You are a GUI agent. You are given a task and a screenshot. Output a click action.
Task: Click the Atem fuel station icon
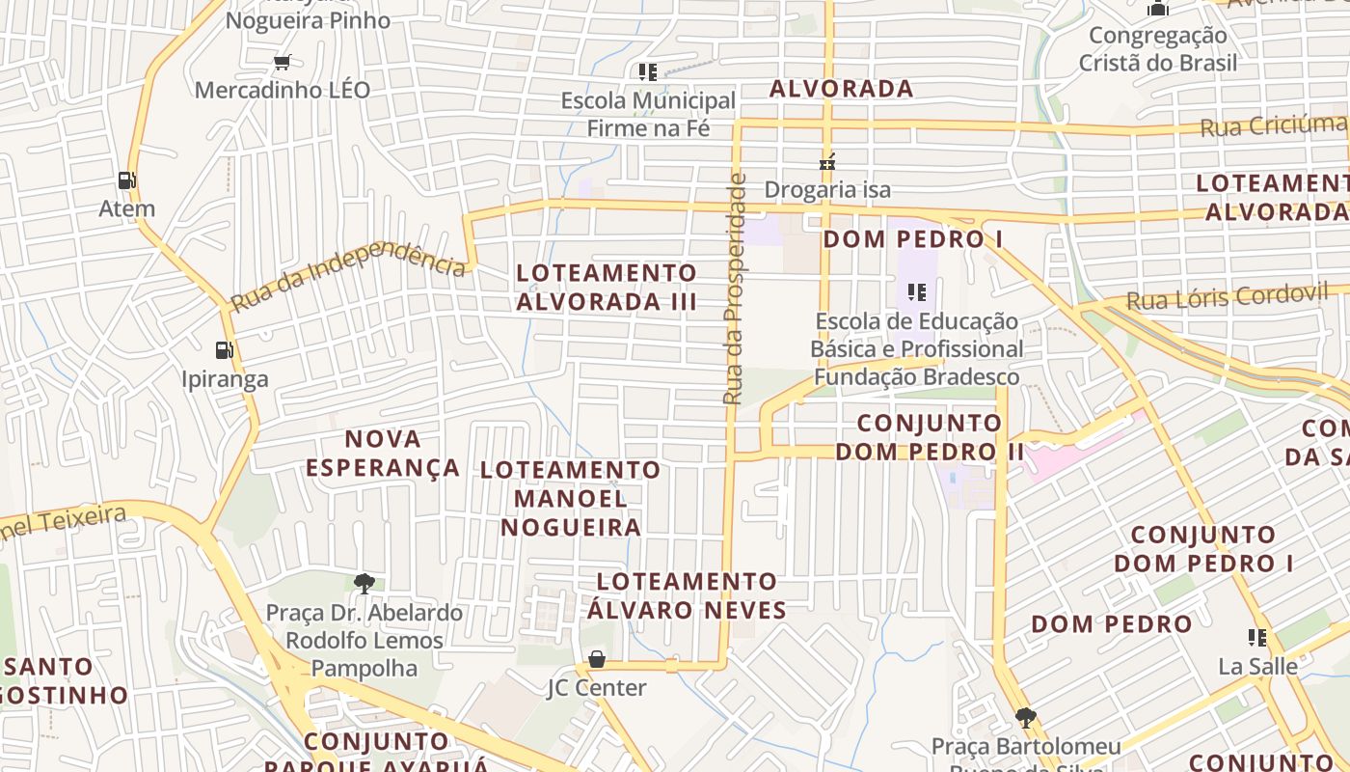[x=126, y=180]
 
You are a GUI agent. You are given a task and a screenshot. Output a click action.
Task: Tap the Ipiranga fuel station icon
[x=224, y=350]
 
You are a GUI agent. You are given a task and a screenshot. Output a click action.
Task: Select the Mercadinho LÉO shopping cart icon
[x=282, y=63]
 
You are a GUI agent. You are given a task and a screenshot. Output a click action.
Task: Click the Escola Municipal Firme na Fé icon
[x=647, y=71]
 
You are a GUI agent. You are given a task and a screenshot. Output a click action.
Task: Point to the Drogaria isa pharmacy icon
[x=826, y=161]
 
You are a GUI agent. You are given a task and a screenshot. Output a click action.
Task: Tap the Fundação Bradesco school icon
[x=916, y=291]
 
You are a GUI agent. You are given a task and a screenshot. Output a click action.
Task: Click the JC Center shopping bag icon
[x=596, y=659]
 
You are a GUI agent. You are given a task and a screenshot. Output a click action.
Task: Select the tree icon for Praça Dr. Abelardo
[x=364, y=583]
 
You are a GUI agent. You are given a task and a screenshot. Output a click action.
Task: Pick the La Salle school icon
[x=1257, y=637]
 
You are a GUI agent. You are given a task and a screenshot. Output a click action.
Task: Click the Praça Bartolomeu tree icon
[x=1025, y=717]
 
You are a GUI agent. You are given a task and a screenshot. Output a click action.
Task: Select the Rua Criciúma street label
[x=1273, y=125]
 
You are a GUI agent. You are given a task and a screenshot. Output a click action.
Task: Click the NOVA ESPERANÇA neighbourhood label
[x=383, y=454]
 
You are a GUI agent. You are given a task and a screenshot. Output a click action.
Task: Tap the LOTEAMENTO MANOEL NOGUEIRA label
[x=571, y=499]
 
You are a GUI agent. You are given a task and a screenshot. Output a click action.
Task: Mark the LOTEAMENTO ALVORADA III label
[x=607, y=287]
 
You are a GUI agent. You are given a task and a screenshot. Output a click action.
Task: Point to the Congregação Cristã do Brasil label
[x=1157, y=49]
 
